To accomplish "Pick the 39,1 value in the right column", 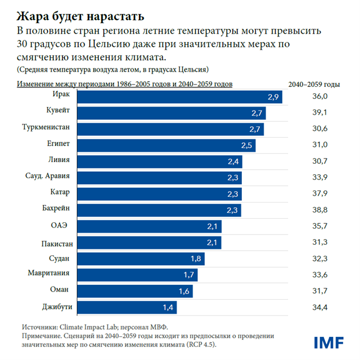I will (320, 112).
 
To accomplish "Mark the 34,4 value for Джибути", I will (320, 307).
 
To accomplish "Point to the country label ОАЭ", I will (63, 226).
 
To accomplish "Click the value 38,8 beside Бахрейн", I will (320, 210).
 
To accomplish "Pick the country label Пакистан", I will (57, 243).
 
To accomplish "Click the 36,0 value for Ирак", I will (320, 96).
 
